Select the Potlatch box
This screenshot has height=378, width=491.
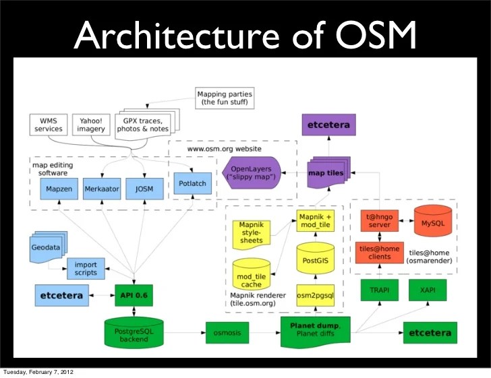pos(192,183)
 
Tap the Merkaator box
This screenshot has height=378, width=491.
pos(102,189)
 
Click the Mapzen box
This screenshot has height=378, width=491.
pos(58,189)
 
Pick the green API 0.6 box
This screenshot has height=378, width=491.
pos(134,295)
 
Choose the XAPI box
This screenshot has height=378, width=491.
pos(427,290)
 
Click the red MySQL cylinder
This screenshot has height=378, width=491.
pos(432,223)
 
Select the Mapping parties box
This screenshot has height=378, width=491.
pos(225,98)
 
